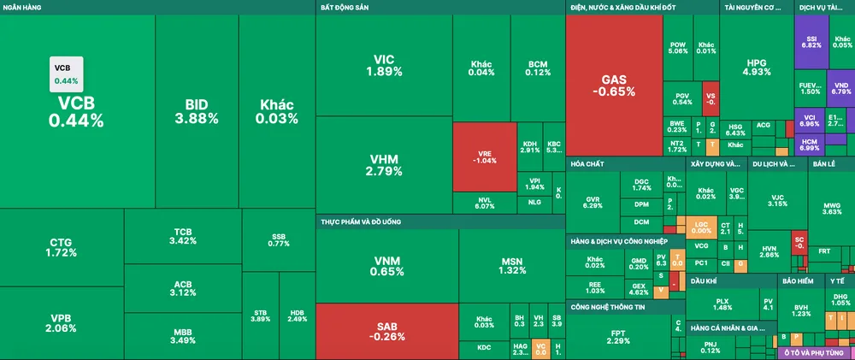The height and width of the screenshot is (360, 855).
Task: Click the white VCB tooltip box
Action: [x=66, y=74]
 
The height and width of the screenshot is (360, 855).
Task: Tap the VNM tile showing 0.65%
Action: [x=386, y=266]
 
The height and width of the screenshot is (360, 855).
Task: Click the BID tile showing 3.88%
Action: [x=196, y=111]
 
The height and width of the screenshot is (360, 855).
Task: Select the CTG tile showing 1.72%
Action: [x=62, y=248]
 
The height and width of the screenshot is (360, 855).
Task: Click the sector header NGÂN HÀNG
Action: [x=24, y=7]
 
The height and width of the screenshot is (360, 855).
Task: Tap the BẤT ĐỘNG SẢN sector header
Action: [x=344, y=7]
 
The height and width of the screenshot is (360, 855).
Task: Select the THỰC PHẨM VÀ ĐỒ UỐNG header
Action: [x=361, y=221]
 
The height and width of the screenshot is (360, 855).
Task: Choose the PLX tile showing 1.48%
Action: [x=722, y=304]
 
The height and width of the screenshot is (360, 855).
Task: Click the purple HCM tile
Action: [x=809, y=142]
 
